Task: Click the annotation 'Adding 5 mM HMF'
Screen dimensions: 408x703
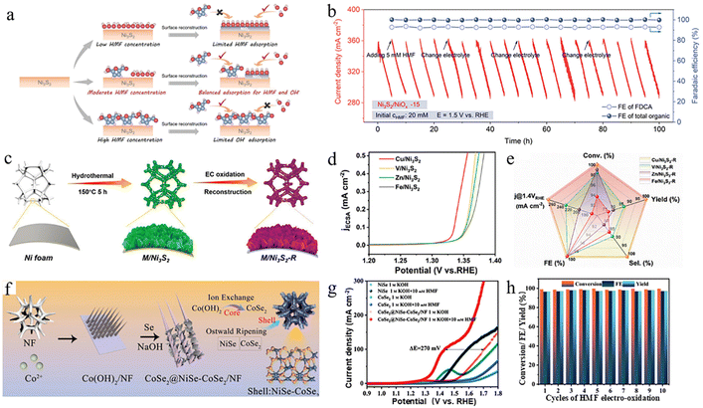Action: point(406,56)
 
